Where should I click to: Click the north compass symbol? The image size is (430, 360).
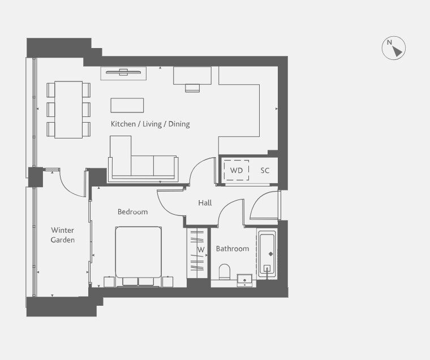[394, 48]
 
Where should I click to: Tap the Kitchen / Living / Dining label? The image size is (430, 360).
[150, 124]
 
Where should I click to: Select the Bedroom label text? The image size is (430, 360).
[132, 211]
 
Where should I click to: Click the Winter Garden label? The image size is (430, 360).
[63, 235]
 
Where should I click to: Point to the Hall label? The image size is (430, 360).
[205, 203]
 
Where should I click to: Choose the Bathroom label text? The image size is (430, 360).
[233, 249]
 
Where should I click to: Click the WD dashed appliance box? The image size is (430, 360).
[236, 170]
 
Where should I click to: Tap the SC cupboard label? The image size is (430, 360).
[265, 171]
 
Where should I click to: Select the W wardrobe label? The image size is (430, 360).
[201, 250]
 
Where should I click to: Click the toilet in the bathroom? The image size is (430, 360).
[224, 272]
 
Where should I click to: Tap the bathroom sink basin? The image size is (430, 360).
[244, 280]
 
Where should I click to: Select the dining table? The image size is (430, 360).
[68, 110]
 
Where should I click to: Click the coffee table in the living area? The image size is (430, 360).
[127, 105]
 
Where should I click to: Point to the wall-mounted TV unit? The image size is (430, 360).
[123, 73]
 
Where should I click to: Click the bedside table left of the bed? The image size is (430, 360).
[109, 281]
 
